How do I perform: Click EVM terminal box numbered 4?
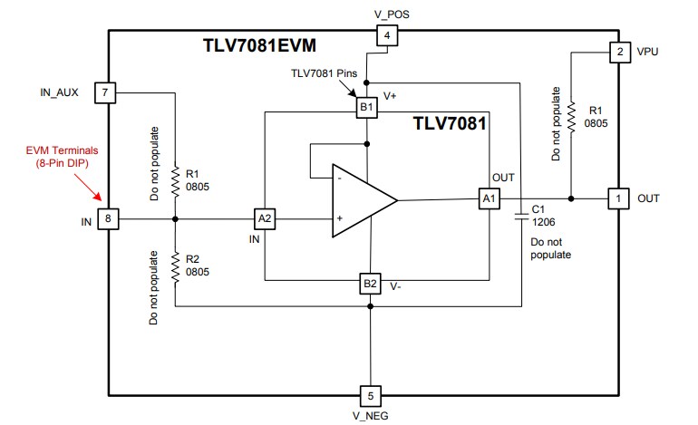point(387,36)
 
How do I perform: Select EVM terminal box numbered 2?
point(619,52)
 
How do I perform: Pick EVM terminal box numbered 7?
point(106,92)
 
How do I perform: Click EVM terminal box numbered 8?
point(109,218)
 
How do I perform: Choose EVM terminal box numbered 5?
point(371,395)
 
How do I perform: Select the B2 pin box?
point(370,284)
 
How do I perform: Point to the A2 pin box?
point(265,218)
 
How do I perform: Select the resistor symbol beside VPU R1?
point(571,113)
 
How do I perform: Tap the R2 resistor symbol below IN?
point(174,266)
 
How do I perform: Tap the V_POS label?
point(387,13)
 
